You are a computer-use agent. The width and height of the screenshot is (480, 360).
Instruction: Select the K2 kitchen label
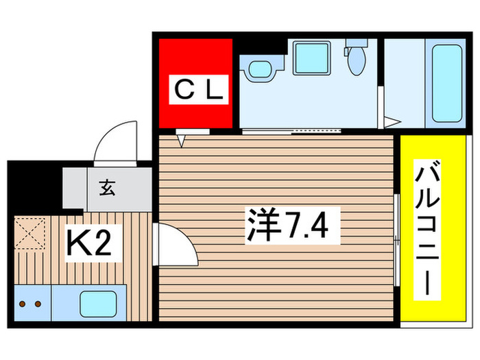(88, 243)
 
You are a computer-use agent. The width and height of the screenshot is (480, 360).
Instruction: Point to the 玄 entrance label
(108, 187)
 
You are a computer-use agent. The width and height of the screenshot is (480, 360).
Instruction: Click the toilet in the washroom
(355, 60)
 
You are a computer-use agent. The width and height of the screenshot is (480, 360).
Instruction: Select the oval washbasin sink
(260, 69)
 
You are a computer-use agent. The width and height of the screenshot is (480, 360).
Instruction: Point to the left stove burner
(21, 302)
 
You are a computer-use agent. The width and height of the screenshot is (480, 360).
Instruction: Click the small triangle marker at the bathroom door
(389, 123)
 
